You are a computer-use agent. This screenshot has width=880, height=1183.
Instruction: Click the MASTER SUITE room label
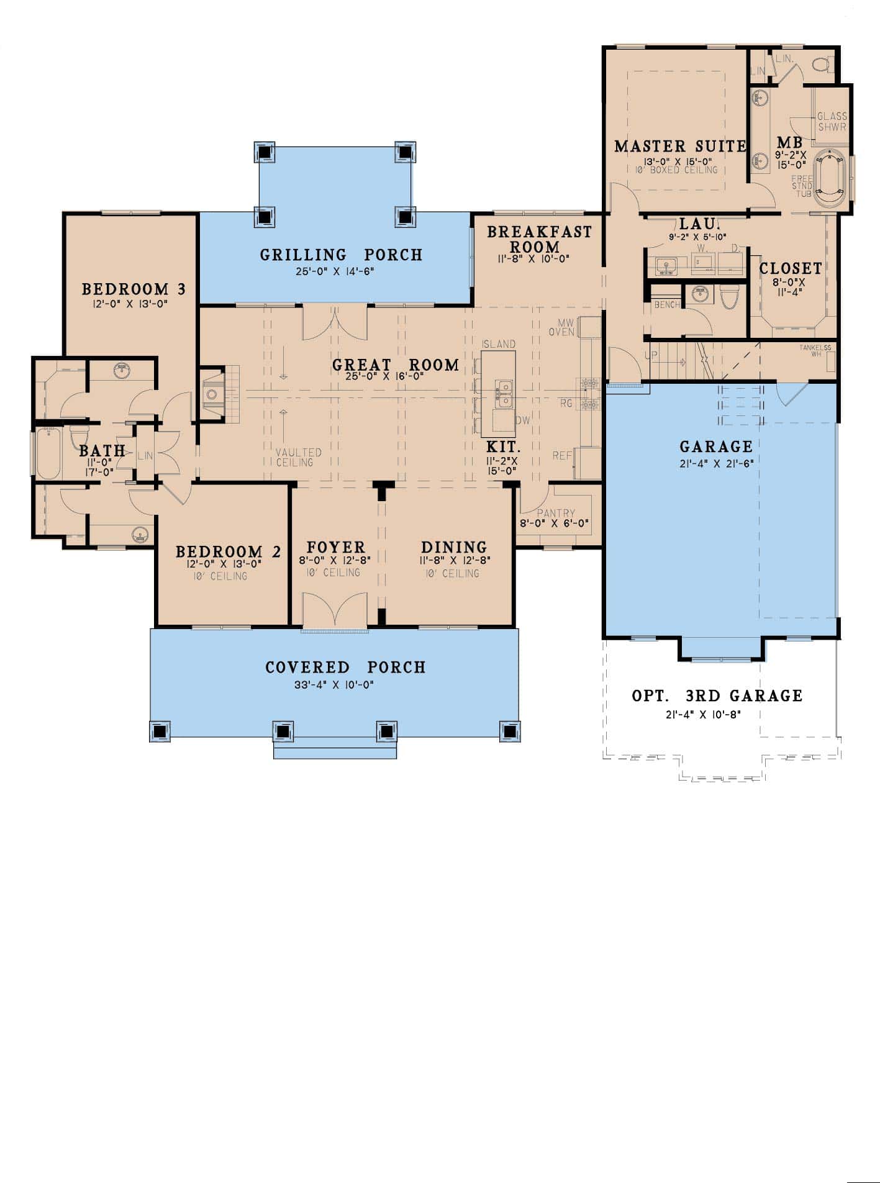(x=680, y=147)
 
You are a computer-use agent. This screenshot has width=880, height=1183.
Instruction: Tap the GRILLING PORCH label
(x=341, y=255)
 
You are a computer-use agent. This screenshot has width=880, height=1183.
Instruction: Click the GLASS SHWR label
(x=832, y=122)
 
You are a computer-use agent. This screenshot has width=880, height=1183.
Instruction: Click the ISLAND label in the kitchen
(x=499, y=344)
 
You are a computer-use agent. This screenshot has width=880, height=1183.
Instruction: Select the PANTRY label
(x=556, y=514)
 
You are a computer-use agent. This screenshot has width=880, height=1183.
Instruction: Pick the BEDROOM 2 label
(x=228, y=551)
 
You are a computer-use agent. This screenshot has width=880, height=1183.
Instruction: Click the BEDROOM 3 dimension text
(x=134, y=304)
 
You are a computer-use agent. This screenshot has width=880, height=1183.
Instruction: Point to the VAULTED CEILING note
(x=298, y=458)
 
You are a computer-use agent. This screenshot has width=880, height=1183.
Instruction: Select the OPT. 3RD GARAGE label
(x=717, y=696)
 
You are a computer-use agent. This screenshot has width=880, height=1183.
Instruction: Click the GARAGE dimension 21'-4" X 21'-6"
(x=716, y=463)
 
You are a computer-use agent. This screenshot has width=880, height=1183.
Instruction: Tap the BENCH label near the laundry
(x=666, y=305)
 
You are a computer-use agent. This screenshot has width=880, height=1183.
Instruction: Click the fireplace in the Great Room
(x=213, y=394)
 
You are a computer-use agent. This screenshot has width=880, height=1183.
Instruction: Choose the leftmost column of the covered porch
(x=160, y=732)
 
